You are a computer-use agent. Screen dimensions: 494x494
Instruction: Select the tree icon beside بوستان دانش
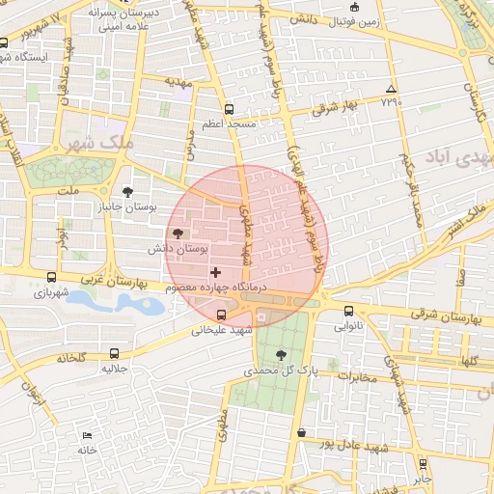point(177,233)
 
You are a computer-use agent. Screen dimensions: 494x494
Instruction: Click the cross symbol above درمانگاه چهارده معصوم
point(215,274)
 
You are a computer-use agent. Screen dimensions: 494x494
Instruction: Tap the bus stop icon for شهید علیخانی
point(222,315)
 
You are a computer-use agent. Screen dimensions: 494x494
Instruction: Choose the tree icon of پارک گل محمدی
point(281,354)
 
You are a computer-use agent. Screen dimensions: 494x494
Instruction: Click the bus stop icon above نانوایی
point(348,312)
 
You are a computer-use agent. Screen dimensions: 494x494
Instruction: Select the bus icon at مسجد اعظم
point(229,110)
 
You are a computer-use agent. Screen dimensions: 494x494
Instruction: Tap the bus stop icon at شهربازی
point(51,277)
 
